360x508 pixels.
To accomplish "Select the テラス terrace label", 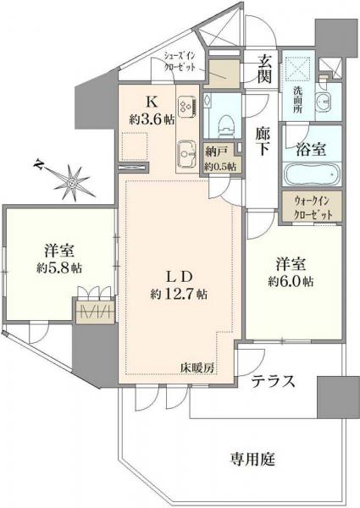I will click(273, 382).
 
